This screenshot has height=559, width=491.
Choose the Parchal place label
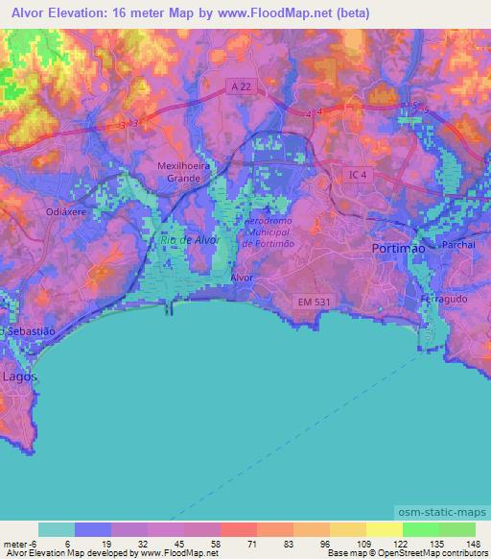(x=458, y=245)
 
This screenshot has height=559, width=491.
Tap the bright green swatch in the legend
(x=420, y=529)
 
